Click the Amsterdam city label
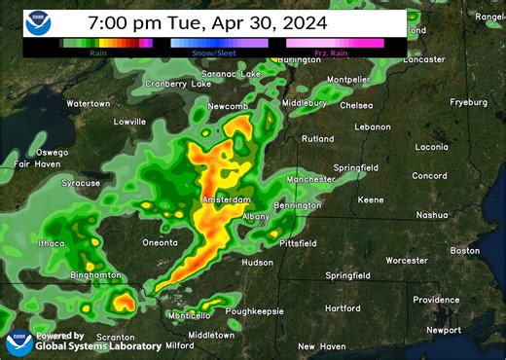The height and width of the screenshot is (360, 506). coord(225,200)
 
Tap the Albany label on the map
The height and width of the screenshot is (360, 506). coord(256,216)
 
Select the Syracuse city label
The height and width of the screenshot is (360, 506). coord(81,183)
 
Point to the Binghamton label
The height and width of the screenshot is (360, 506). coord(94,275)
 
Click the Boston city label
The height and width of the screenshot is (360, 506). coord(465,251)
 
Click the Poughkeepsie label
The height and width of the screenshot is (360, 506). coord(254,311)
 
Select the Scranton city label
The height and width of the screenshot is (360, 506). coord(115,337)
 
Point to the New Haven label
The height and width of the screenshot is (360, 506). coord(321,346)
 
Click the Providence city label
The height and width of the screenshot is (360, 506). coord(436,300)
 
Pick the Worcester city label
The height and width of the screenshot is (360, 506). coord(406,261)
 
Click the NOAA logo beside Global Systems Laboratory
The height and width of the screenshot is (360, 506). coord(18,342)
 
